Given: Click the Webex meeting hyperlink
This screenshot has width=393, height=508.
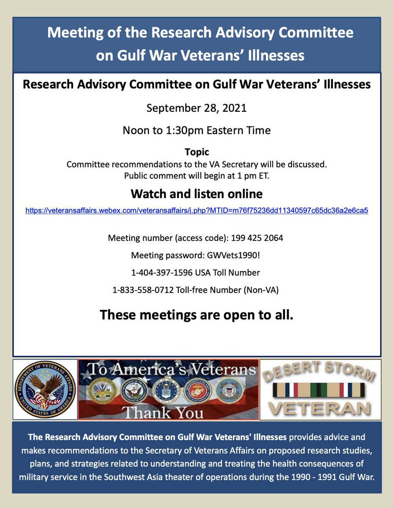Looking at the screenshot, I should [196, 210].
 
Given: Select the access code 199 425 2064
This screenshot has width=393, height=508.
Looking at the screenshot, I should [257, 238].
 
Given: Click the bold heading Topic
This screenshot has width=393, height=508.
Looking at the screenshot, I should [196, 152].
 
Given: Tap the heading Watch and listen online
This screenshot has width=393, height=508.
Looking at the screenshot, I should [196, 194].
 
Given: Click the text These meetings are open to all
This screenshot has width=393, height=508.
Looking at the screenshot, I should [196, 315].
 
